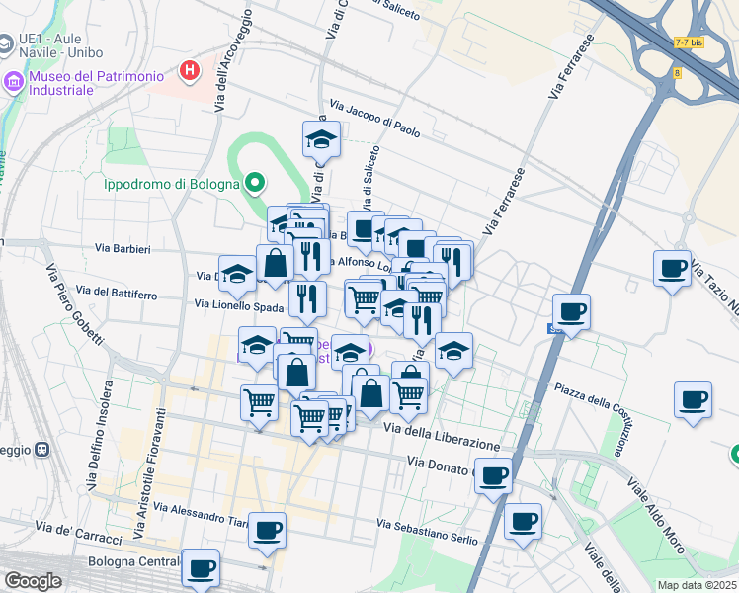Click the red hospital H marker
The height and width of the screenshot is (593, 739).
coord(189,70)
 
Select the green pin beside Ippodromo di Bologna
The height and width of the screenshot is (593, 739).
coord(255,182)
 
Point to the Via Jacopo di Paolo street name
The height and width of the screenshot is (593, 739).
coord(374,118)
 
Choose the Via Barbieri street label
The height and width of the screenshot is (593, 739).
coord(123,249)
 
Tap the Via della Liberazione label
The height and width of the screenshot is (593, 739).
coord(449,435)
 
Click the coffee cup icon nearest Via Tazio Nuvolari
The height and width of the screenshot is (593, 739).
coord(673,268)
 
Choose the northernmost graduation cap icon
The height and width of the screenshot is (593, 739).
coord(321,139)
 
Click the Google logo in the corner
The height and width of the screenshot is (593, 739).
coord(33,580)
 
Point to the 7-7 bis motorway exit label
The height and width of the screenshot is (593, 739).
coord(688,42)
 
